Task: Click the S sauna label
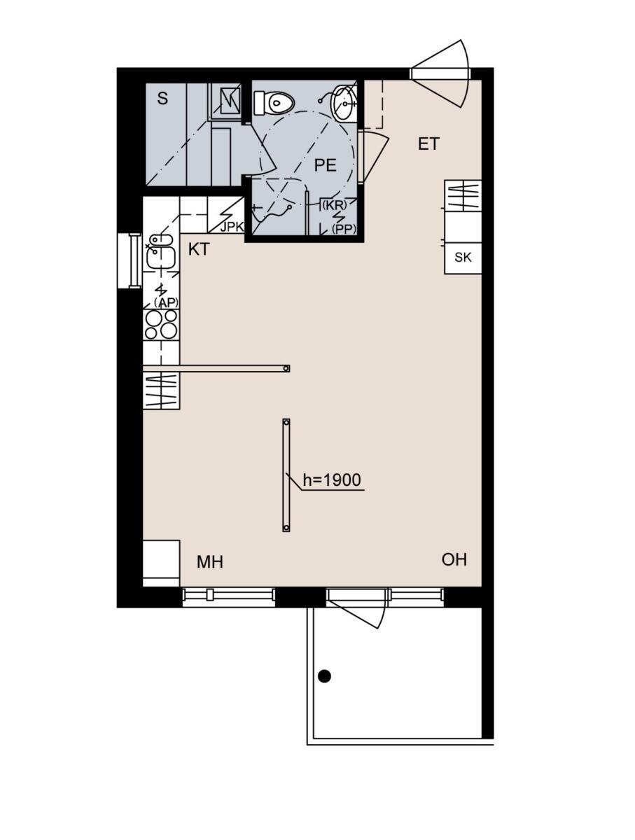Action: [x=162, y=99]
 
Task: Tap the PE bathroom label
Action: [x=325, y=165]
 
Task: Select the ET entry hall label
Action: [x=428, y=144]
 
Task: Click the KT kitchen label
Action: [x=199, y=249]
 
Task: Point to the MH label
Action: [x=210, y=562]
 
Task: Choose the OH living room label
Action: [x=454, y=560]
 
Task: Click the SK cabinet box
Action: [x=463, y=258]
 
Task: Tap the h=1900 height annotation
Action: [x=331, y=480]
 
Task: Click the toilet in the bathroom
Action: [x=273, y=103]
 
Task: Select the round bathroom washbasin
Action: [x=344, y=103]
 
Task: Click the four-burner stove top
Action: [x=161, y=325]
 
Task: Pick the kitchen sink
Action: [x=161, y=251]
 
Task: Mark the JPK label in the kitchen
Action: [x=232, y=227]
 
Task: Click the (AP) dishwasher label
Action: [x=166, y=302]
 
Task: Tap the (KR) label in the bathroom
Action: [x=335, y=205]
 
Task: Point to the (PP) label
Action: [x=344, y=229]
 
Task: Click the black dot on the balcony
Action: [x=324, y=676]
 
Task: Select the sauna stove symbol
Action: [x=230, y=101]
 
